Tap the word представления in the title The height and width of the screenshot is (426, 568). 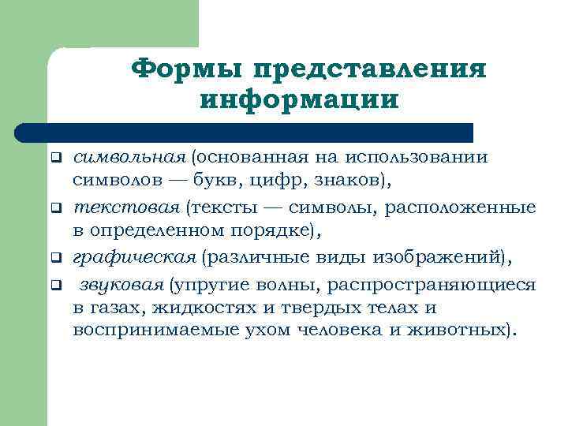(x=368, y=69)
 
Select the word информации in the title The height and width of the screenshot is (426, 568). (x=301, y=101)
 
